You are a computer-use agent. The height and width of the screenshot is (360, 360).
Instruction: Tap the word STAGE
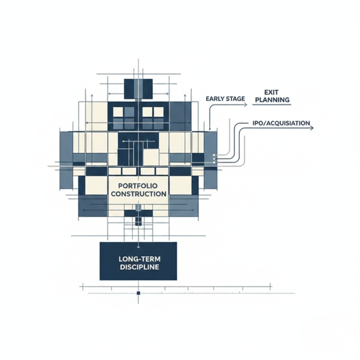[x=235, y=99]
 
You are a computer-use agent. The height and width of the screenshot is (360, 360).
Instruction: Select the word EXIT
[x=271, y=92]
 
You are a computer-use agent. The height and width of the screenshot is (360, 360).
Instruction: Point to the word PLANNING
[x=271, y=100]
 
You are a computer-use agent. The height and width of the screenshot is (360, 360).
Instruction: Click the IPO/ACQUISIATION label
[x=280, y=123]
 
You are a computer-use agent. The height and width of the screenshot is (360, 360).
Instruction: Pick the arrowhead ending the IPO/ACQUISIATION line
[x=312, y=128]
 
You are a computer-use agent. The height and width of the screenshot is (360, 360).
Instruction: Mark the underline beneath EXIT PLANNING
[x=271, y=104]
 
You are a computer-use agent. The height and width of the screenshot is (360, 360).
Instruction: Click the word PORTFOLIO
[x=138, y=186]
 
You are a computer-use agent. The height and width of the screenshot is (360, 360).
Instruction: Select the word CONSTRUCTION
[x=138, y=194]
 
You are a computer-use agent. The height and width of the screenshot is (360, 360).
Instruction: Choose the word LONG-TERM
[x=139, y=259]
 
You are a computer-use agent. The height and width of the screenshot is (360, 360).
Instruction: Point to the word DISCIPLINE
[x=139, y=267]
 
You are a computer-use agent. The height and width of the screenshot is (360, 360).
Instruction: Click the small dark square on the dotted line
[x=138, y=293]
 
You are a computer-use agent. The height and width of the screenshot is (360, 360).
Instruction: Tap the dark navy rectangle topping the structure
[x=138, y=88]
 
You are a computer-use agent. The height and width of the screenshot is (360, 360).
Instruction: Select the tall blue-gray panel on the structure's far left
[x=66, y=160]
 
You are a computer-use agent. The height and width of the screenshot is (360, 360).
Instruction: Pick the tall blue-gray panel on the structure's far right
[x=211, y=160]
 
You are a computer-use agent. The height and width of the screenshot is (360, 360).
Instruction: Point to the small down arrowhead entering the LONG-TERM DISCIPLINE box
[x=138, y=247]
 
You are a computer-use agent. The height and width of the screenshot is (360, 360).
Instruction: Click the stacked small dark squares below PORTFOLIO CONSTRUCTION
[x=138, y=221]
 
